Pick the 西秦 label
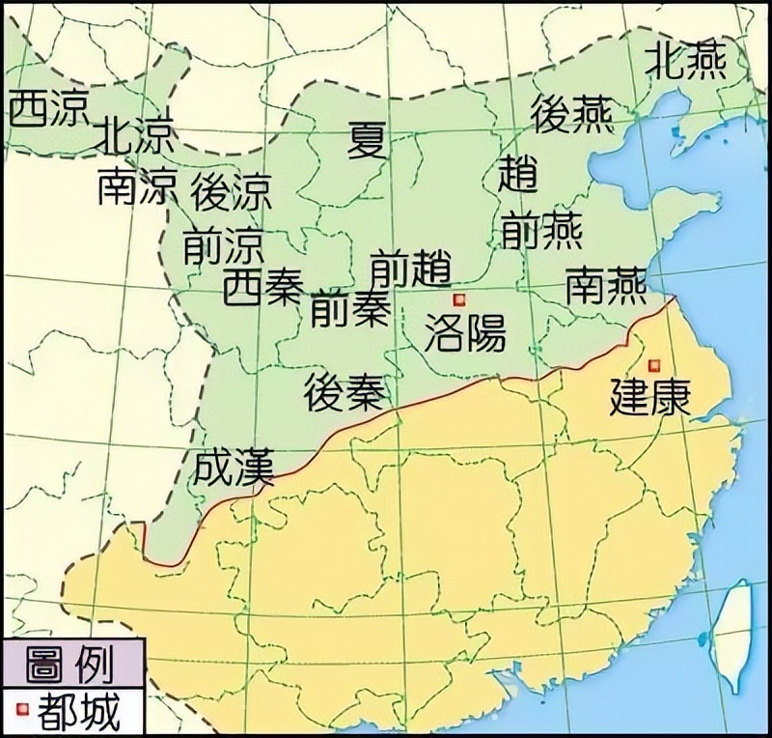pyautogui.click(x=263, y=287)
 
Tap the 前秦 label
pyautogui.click(x=350, y=308)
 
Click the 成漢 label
pyautogui.click(x=234, y=467)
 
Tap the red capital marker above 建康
pyautogui.click(x=655, y=364)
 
